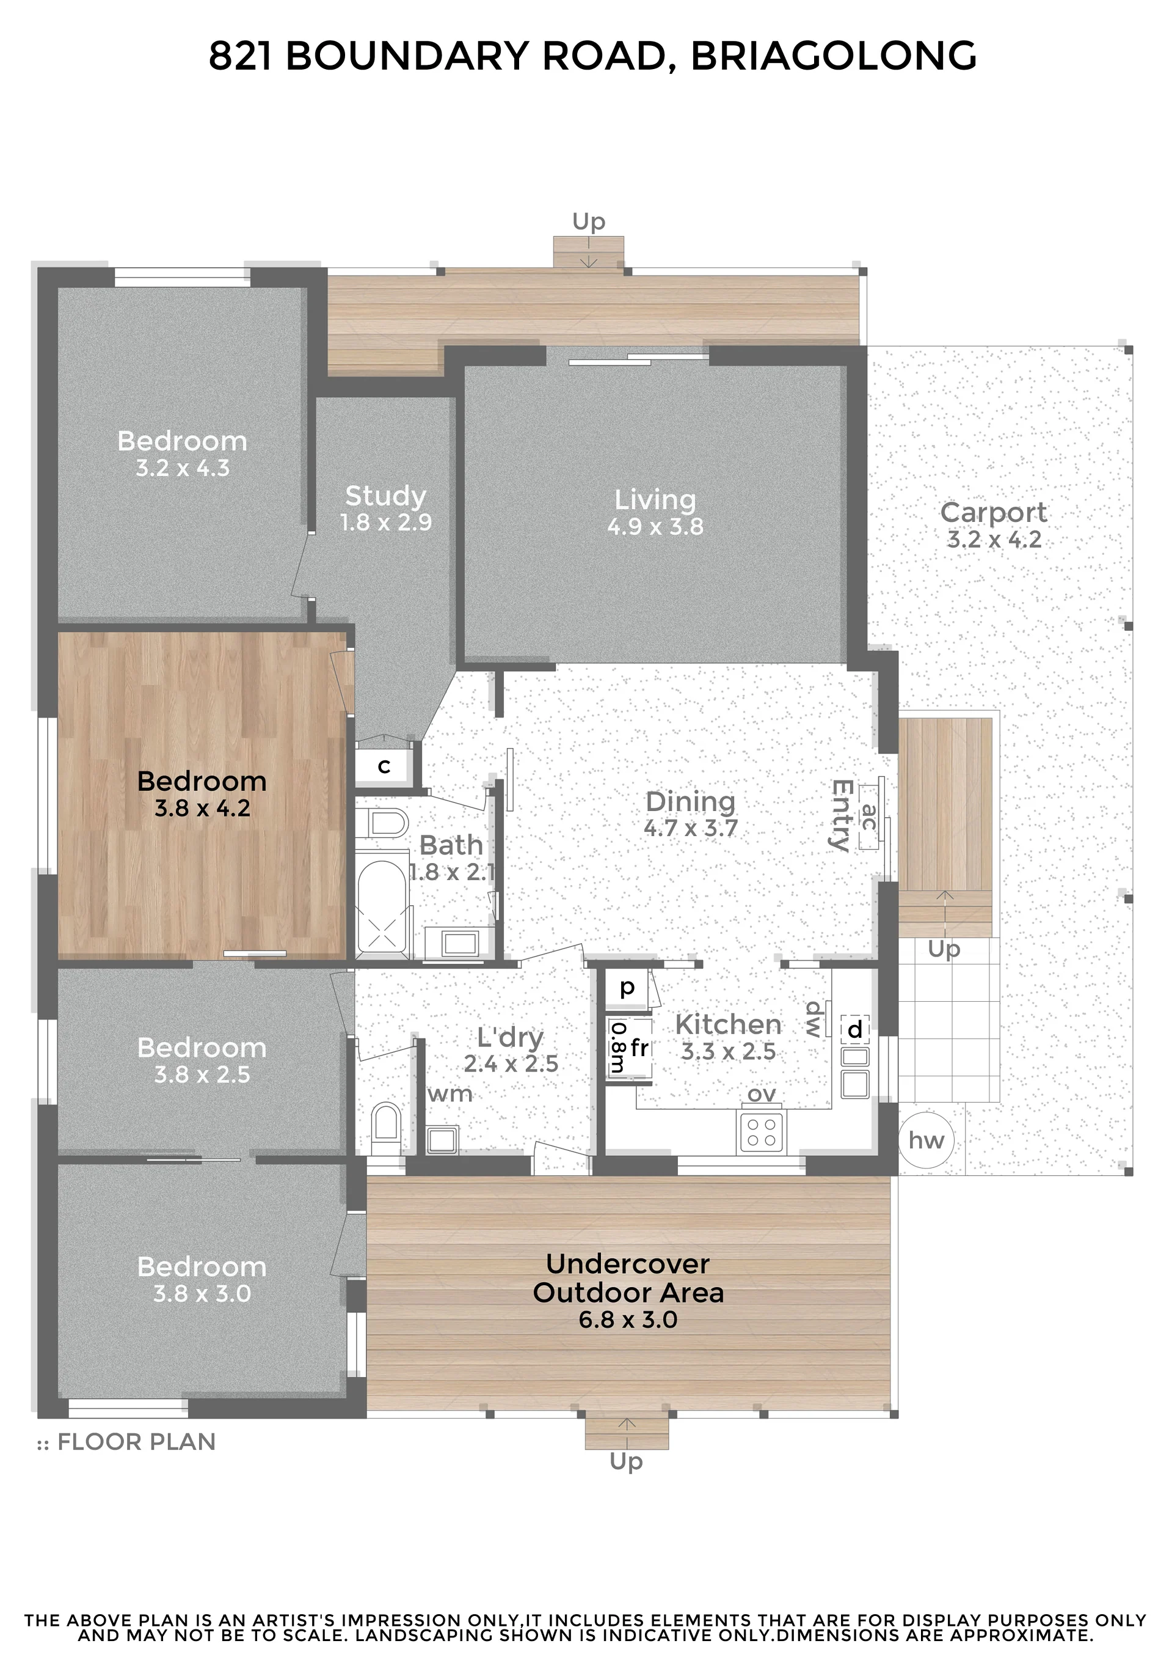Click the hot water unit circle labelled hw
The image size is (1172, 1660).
tap(926, 1140)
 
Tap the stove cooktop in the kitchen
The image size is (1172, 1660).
tap(761, 1132)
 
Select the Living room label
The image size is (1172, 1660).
tap(655, 499)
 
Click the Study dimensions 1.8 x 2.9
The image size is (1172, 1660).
tap(386, 522)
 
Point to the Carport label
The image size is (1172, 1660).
tap(994, 512)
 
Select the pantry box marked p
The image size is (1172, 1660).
tap(627, 987)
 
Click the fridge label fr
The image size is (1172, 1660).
tap(639, 1047)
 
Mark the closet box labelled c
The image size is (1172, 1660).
tap(384, 766)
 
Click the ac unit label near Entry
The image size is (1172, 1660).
tap(869, 817)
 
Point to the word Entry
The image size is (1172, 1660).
tap(840, 815)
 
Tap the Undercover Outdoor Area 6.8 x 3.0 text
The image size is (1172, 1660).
tap(628, 1291)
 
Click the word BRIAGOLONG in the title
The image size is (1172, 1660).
tap(834, 56)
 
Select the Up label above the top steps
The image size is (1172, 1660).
tap(588, 221)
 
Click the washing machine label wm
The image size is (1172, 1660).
tap(450, 1094)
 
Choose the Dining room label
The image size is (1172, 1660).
tap(690, 801)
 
